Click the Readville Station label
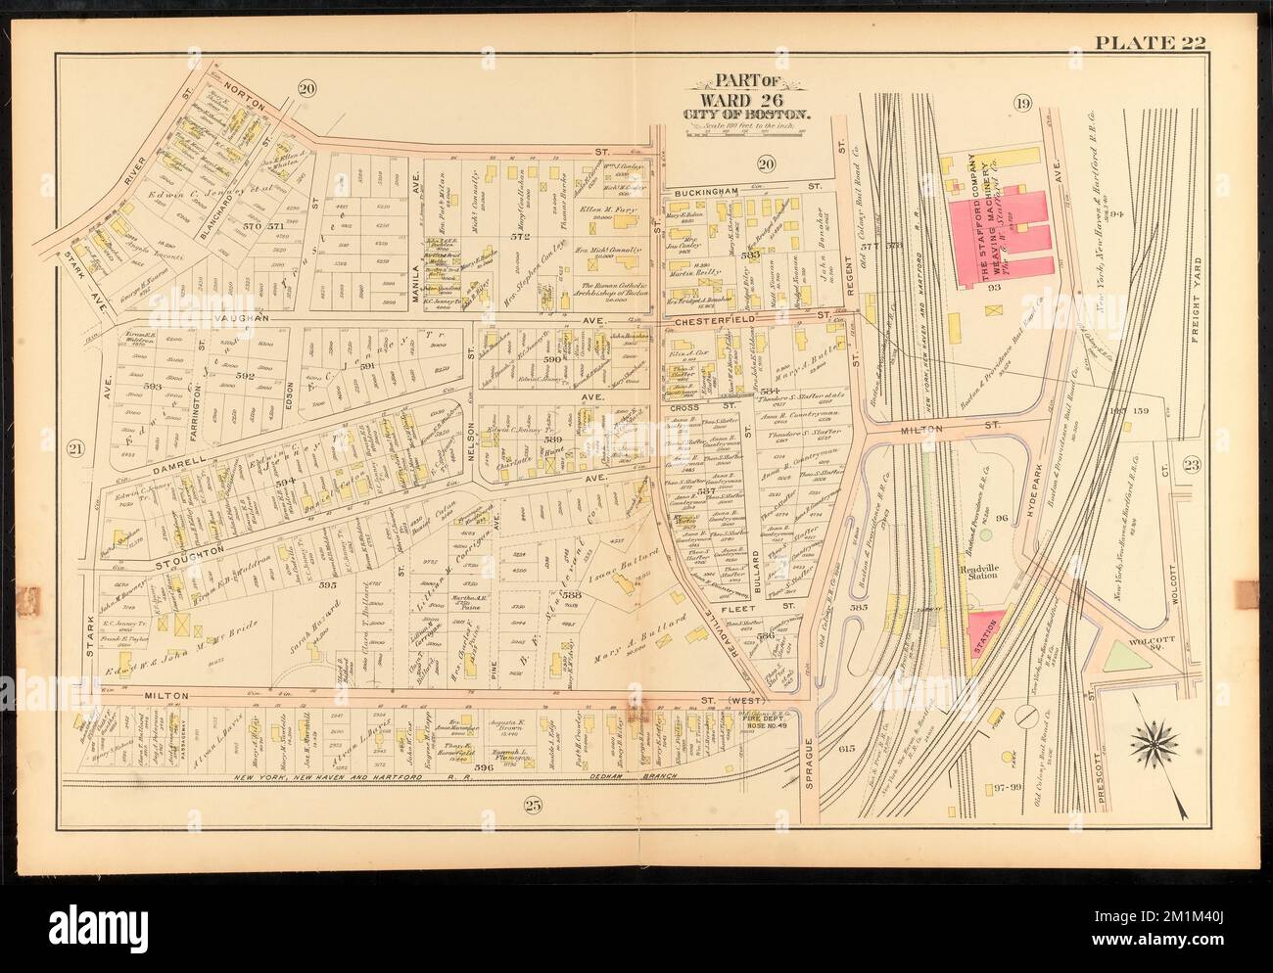coord(980,571)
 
